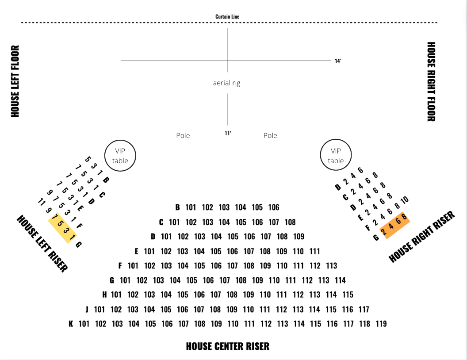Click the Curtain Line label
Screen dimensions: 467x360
pos(227,17)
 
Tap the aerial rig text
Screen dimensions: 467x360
pos(226,83)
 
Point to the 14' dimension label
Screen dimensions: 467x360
pos(338,61)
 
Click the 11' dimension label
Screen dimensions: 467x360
pos(228,133)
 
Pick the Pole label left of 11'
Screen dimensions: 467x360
pos(183,135)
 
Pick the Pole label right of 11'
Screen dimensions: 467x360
pos(270,135)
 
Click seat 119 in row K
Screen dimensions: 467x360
pos(381,324)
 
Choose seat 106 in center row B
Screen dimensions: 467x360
pos(274,207)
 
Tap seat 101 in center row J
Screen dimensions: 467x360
pos(100,310)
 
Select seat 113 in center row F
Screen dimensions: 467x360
pos(331,266)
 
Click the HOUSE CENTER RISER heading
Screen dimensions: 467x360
pos(227,346)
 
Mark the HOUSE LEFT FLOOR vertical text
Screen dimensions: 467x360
pos(15,81)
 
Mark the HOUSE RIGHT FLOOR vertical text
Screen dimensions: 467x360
pos(431,81)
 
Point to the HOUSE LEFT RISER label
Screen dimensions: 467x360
pos(42,243)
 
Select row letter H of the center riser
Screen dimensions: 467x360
pos(105,295)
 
